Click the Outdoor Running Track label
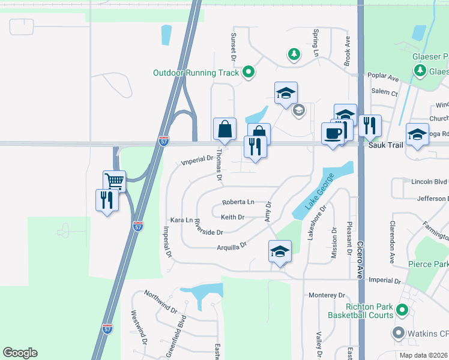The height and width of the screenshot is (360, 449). pos(196,73)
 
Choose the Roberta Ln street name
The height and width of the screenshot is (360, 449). pos(238,202)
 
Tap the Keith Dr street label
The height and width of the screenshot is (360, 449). pos(232,217)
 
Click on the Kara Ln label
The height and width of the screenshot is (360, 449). pos(181,220)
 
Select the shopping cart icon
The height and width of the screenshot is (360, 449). pos(114,180)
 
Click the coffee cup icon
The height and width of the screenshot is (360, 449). pos(333,133)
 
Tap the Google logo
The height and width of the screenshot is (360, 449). pos(20,352)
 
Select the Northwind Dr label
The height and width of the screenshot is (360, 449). pos(160,302)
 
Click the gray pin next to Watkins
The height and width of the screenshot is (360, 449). pos(397,332)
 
